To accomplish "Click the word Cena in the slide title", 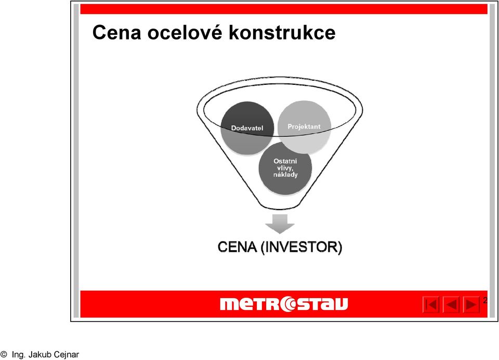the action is (x=117, y=32).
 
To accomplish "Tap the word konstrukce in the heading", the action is (x=282, y=32).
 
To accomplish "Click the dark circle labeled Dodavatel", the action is (x=247, y=128).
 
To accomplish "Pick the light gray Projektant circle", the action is (x=304, y=127).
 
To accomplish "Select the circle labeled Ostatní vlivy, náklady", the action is (x=285, y=168).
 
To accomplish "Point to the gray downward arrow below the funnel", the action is (x=280, y=224).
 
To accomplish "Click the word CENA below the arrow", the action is (x=237, y=247).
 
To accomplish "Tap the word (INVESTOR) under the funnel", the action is (x=301, y=248).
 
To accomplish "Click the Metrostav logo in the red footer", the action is (x=284, y=304).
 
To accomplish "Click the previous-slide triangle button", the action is (x=451, y=304).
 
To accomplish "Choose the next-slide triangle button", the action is (x=471, y=304).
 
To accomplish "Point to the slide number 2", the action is (x=485, y=300).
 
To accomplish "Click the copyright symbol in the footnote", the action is (x=4, y=354).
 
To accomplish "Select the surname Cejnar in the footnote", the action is (x=67, y=355).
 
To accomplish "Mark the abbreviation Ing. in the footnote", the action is (x=19, y=355).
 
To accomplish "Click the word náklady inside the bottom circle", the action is (x=285, y=175).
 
